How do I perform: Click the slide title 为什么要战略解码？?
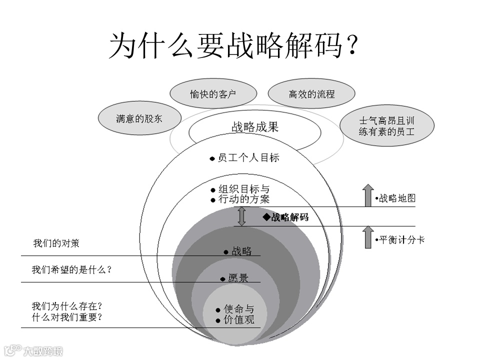(x=234, y=46)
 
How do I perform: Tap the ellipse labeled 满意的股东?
(x=139, y=119)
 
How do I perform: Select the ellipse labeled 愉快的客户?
(x=213, y=94)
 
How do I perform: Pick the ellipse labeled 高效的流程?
(x=311, y=94)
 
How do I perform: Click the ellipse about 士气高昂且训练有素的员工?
(x=386, y=126)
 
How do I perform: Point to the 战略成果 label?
(x=254, y=127)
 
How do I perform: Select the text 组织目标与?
(x=244, y=189)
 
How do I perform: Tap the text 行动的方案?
(x=244, y=199)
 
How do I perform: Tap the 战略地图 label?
(x=396, y=198)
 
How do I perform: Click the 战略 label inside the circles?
(x=241, y=251)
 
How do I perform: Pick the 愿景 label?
(x=238, y=278)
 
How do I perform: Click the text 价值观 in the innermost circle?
(x=239, y=320)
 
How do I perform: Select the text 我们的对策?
(x=56, y=244)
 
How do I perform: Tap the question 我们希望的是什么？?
(x=71, y=270)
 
